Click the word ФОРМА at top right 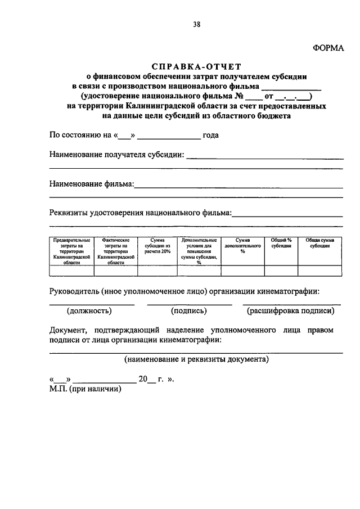pos(327,48)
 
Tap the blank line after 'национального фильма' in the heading pos(291,87)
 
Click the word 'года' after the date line pos(211,135)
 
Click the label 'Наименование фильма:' pos(91,184)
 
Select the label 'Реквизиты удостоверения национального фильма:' pos(140,213)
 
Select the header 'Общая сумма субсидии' pos(319,243)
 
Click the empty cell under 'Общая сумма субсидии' pos(319,271)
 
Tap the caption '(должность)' pos(89,310)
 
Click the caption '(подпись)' pos(188,310)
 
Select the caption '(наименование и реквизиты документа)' pos(196,358)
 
